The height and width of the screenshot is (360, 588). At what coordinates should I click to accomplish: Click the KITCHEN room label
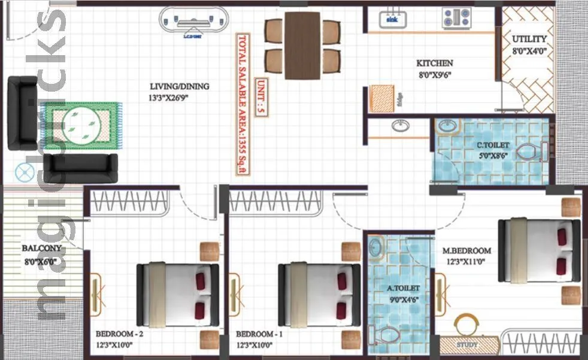pos(435,63)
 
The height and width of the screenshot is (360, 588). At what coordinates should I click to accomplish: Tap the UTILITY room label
pos(529,40)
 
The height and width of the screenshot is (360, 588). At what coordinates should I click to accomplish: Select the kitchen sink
pos(393,18)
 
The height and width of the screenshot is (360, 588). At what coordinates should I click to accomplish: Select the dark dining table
pos(302,45)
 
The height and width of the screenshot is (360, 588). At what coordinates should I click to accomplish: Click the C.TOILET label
pos(493,145)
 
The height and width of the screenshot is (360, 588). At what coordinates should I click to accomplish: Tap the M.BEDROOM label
pos(466,250)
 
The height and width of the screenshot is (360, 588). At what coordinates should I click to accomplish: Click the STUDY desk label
pos(467,345)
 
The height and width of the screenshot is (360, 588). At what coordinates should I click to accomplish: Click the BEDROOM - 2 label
pos(119,334)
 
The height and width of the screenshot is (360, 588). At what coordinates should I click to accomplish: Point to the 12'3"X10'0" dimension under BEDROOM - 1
pos(259,345)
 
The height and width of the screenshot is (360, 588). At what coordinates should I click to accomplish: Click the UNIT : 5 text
pos(260,96)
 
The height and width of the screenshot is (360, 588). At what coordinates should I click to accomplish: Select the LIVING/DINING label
pos(179,86)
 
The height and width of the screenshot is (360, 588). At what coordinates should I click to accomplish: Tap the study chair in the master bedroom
pos(468,325)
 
